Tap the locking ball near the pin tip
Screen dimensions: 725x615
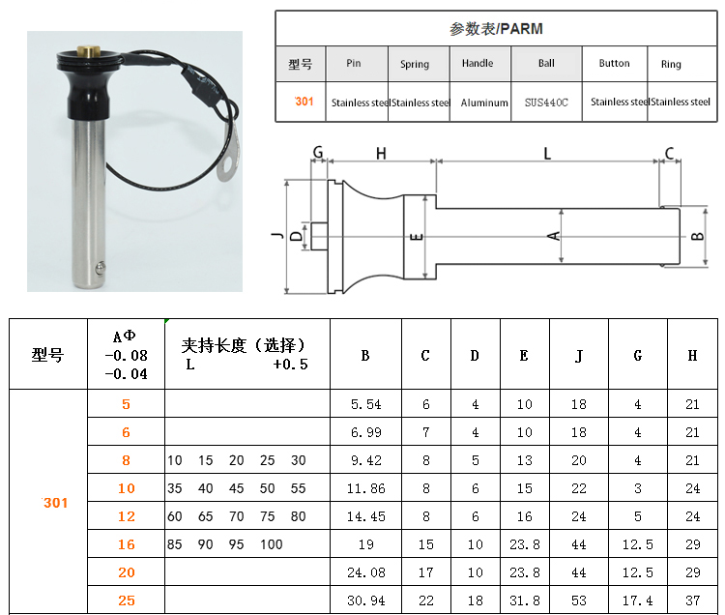coord(100,268)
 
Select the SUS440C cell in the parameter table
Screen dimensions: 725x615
coord(546,102)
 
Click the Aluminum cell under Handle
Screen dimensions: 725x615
coord(484,102)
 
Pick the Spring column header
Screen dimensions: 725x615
coord(415,64)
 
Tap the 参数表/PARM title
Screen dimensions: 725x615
coord(496,29)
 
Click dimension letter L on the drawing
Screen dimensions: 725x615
coord(547,153)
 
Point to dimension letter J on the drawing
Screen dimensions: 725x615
coord(277,236)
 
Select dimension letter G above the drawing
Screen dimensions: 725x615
coord(318,152)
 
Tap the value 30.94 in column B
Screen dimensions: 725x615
coord(365,600)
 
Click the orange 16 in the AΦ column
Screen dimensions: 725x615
coord(127,544)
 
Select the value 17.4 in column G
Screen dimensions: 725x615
coord(638,600)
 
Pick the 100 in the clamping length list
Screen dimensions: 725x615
coord(272,544)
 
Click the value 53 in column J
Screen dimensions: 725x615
coord(579,600)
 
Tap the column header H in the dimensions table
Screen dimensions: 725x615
coord(692,355)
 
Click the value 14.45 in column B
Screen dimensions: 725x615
coord(365,516)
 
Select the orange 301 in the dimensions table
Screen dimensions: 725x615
coord(55,503)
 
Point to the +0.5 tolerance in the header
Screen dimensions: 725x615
coord(290,365)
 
